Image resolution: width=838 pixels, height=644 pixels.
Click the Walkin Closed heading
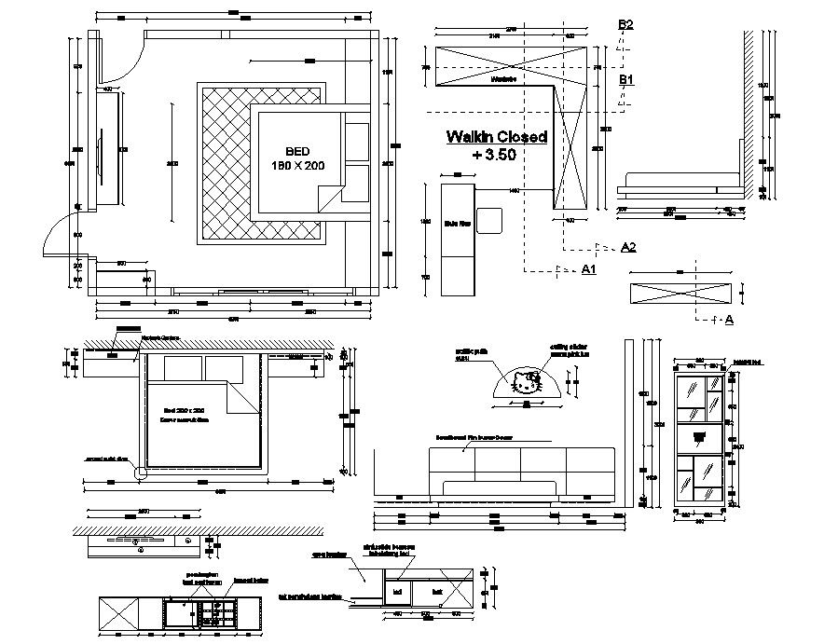click(496, 137)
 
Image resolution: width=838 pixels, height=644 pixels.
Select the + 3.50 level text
click(494, 155)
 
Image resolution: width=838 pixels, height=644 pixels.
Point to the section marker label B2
click(625, 25)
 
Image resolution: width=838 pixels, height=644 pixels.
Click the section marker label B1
click(627, 80)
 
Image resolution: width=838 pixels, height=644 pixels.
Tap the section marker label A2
click(627, 247)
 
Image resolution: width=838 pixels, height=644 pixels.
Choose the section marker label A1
click(588, 269)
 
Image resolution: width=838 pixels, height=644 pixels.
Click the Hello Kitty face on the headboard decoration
click(528, 383)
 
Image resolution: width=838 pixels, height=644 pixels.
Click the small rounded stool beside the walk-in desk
click(491, 221)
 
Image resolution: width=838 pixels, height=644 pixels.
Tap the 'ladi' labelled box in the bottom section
click(398, 591)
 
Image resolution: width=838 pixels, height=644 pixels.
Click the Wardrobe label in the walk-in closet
click(502, 80)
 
